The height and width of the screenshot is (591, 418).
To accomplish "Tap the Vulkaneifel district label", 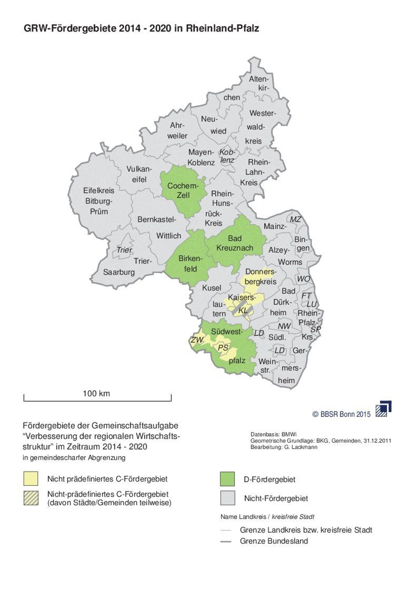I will [139, 174].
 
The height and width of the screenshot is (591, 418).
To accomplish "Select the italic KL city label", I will [243, 310].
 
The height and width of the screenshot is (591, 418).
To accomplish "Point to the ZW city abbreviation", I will [197, 340].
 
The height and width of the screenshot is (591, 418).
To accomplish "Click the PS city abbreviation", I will [223, 348].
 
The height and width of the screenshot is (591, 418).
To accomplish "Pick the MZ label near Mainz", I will [295, 220].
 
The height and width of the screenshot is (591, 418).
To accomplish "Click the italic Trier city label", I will [124, 250].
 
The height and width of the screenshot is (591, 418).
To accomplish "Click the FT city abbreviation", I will [306, 295].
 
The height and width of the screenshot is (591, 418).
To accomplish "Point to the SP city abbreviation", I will [316, 329].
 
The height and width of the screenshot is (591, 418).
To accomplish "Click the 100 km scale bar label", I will [96, 393].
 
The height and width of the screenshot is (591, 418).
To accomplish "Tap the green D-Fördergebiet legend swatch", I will [227, 479].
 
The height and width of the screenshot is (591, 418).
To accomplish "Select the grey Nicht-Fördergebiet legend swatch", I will [227, 498].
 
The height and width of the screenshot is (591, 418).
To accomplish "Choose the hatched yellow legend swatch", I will [31, 498].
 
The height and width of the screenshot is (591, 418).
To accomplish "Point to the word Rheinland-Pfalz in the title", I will [222, 28].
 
